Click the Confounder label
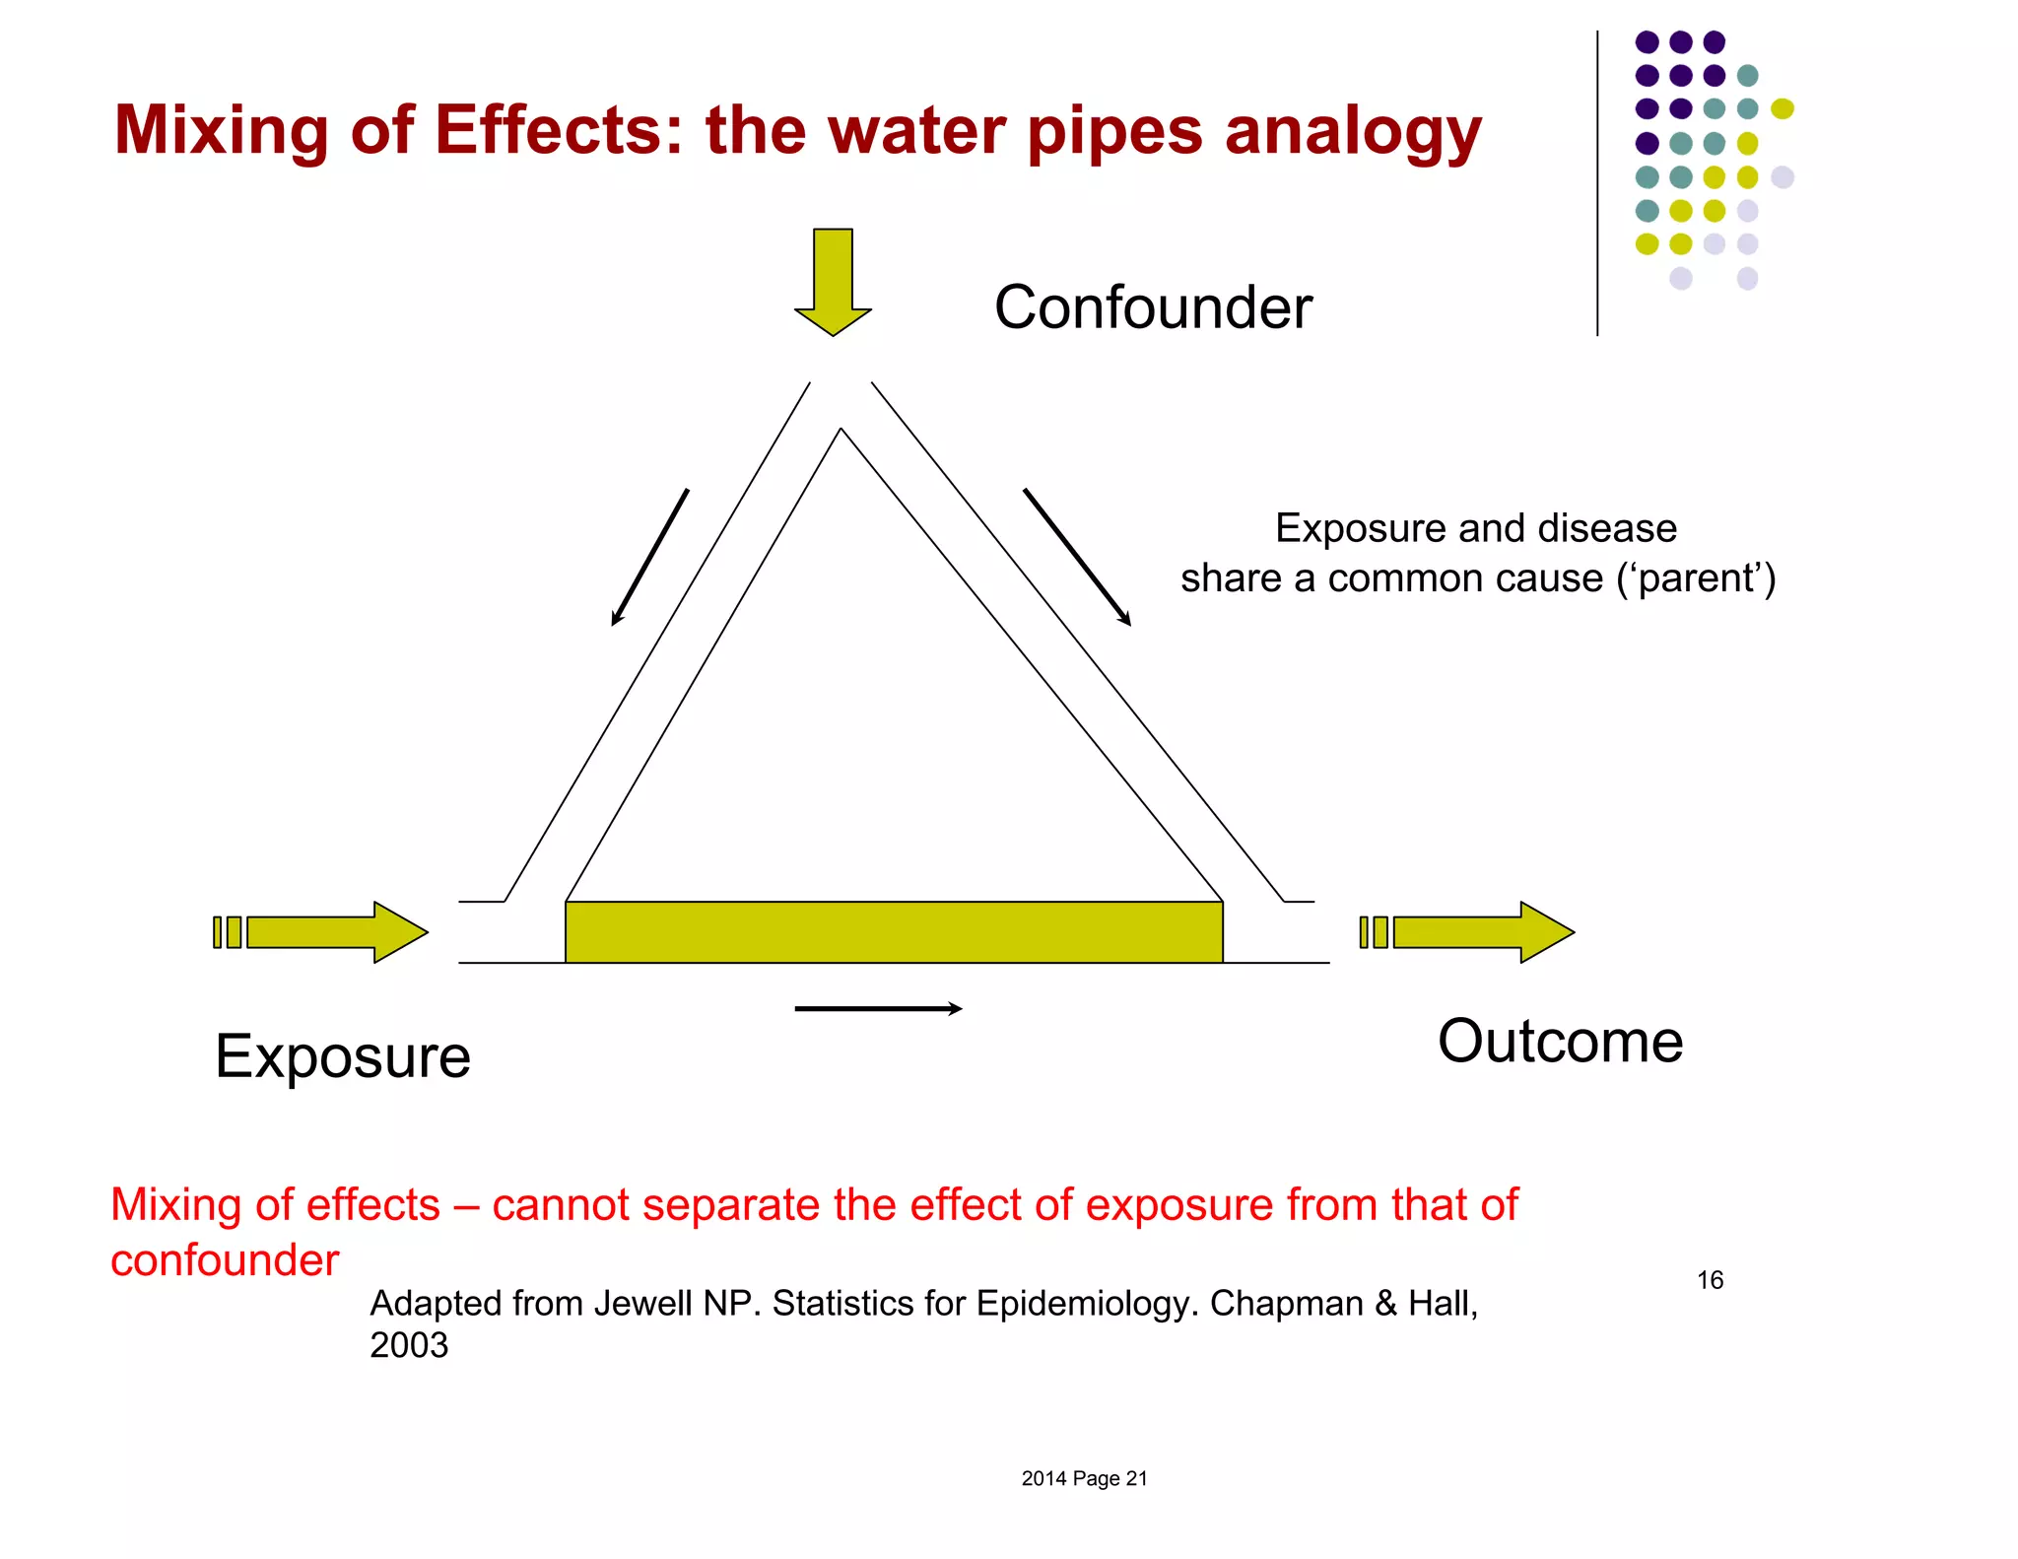pyautogui.click(x=1152, y=307)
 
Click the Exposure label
pyautogui.click(x=342, y=1056)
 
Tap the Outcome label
pyautogui.click(x=1560, y=1041)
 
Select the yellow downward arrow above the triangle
pyautogui.click(x=833, y=281)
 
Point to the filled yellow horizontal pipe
pyautogui.click(x=893, y=931)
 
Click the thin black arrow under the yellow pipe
pyautogui.click(x=877, y=1008)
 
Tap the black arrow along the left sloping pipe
pyautogui.click(x=649, y=558)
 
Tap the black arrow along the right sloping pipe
pyautogui.click(x=1077, y=557)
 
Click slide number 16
pyautogui.click(x=1710, y=1280)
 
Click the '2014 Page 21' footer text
pyautogui.click(x=1084, y=1478)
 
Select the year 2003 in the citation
pyautogui.click(x=409, y=1345)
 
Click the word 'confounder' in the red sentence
pyautogui.click(x=225, y=1260)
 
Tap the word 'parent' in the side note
pyautogui.click(x=1697, y=578)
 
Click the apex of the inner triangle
pyautogui.click(x=841, y=431)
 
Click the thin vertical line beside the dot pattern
pyautogui.click(x=1597, y=182)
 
